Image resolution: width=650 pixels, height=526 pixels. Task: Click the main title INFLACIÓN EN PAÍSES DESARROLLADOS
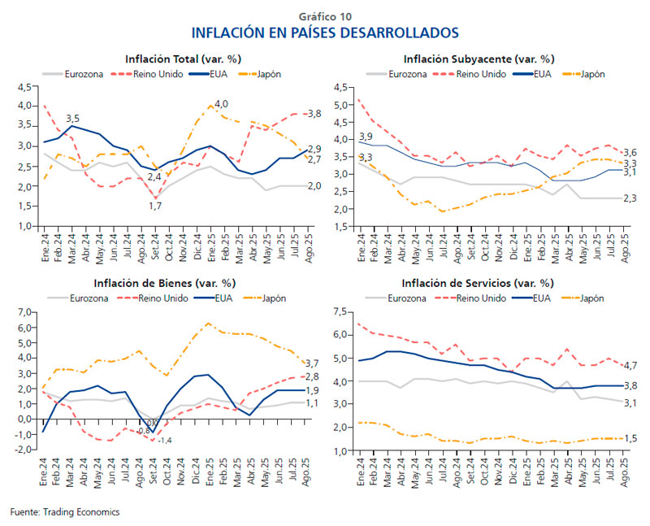325,33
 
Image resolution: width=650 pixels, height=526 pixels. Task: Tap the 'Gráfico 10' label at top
325,15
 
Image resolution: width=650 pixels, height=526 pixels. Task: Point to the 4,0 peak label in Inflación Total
221,103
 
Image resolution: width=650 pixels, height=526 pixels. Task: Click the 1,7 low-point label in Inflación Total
154,206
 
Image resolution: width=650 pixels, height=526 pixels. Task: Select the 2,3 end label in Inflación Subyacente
631,198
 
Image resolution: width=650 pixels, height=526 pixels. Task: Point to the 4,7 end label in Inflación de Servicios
631,365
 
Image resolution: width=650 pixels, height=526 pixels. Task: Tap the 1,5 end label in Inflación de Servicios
631,439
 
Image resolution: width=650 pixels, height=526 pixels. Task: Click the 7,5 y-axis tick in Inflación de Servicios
339,311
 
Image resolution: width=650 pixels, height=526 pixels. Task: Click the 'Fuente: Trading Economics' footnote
65,512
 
